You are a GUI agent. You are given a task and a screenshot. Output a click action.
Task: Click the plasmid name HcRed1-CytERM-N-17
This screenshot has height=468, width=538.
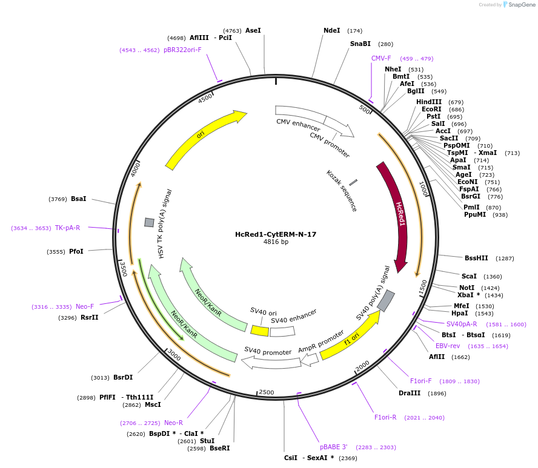pos(276,234)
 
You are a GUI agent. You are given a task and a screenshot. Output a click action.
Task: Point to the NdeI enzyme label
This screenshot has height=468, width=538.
pos(332,30)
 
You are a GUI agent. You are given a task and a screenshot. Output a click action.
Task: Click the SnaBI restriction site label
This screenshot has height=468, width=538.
pos(360,44)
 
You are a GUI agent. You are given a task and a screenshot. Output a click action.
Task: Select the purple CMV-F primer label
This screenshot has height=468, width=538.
pos(381,58)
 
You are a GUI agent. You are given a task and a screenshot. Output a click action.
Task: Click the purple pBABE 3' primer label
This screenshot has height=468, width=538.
pos(334,447)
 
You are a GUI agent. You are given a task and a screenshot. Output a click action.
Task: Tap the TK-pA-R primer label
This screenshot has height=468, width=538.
pos(67,228)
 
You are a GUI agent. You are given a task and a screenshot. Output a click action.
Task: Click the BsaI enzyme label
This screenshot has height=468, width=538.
pos(79,199)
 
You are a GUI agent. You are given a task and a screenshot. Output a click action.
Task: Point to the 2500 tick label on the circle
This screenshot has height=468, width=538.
pos(267,393)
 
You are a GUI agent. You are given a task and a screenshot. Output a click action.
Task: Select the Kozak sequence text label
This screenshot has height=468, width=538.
pos(342,191)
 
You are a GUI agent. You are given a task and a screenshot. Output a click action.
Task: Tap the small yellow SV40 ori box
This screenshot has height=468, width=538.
pos(260,331)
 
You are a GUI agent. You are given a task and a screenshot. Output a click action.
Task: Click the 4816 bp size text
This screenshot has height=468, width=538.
pos(276,242)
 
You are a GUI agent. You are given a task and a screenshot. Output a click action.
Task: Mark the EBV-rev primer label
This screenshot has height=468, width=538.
pos(448,346)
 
